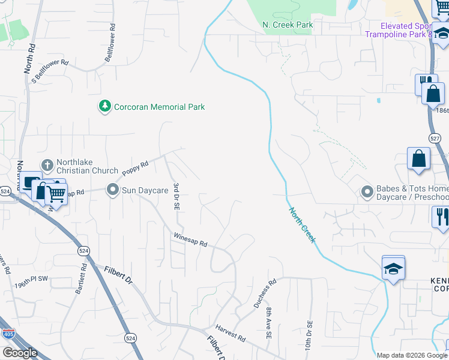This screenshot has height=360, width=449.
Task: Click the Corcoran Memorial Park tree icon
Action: [105, 106]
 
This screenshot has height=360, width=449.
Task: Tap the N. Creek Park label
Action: [288, 25]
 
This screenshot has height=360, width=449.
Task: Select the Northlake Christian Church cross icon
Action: [47, 164]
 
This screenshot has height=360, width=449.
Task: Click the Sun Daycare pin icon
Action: [112, 190]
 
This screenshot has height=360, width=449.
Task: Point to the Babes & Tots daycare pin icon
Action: [367, 192]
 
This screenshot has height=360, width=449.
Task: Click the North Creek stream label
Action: [303, 225]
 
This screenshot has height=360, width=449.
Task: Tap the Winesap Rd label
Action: [190, 240]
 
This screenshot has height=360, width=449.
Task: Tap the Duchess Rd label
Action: [264, 293]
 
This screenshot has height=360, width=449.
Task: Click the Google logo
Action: [20, 353]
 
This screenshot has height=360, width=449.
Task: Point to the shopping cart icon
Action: [56, 194]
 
